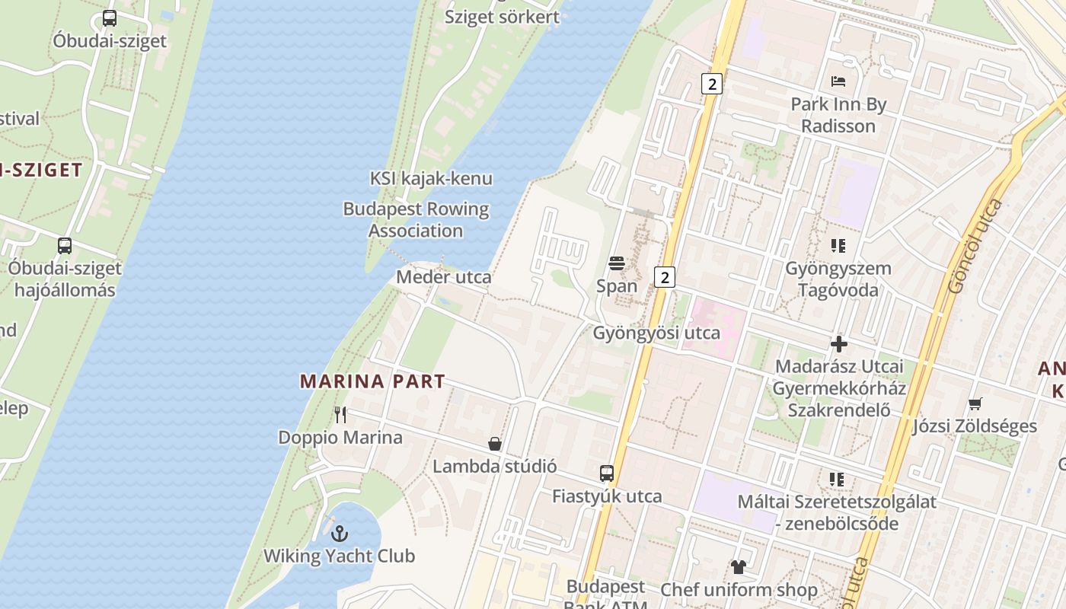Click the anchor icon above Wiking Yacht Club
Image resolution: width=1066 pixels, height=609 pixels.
[x=340, y=533]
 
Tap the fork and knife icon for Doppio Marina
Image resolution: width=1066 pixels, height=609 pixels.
[x=340, y=415]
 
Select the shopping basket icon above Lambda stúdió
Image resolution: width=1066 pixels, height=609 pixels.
[x=495, y=444]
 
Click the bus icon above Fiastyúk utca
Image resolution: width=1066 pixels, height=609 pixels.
[x=606, y=473]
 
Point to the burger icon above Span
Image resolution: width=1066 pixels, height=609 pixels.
[x=617, y=263]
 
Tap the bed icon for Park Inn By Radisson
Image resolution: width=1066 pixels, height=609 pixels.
[x=838, y=81]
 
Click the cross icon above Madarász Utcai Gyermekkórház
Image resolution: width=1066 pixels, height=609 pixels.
[x=838, y=344]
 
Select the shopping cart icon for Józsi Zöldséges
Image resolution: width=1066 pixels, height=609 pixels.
[x=975, y=403]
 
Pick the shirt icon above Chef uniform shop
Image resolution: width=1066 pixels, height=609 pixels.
[x=738, y=567]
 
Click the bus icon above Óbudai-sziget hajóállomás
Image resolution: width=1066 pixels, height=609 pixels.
[x=65, y=246]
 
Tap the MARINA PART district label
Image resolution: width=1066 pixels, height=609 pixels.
[x=372, y=381]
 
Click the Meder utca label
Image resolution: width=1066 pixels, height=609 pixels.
[x=443, y=277]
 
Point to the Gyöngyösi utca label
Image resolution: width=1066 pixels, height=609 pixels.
[x=656, y=333]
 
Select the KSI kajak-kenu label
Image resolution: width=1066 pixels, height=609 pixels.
[x=431, y=178]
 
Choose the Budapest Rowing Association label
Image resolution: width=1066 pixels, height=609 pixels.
[x=416, y=219]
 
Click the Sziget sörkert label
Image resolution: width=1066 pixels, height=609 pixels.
[x=502, y=17]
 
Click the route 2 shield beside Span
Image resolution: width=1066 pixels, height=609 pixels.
[x=665, y=277]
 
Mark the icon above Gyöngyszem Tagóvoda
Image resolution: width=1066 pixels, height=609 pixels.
[x=838, y=246]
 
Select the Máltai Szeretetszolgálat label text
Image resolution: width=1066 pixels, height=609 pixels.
[x=837, y=502]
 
